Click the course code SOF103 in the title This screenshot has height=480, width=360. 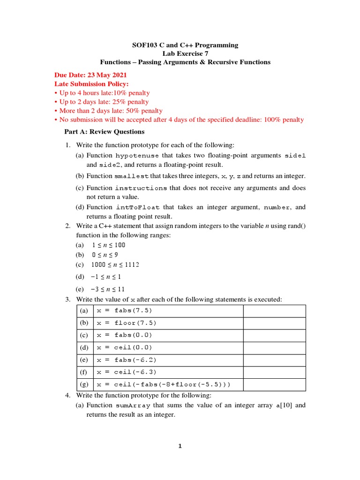(x=142, y=45)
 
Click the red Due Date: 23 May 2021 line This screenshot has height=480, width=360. (x=90, y=75)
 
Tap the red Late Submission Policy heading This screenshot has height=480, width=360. (x=91, y=84)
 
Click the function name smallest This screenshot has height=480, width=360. (x=131, y=176)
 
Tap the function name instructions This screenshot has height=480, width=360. (x=141, y=188)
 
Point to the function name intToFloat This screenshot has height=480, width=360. (x=138, y=207)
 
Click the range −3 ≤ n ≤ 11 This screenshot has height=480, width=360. (x=107, y=289)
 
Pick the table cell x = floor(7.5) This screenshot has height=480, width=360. (x=126, y=323)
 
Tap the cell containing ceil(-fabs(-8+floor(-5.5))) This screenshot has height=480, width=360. (x=163, y=384)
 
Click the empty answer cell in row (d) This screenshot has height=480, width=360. (x=274, y=348)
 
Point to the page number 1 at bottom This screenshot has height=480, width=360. (x=179, y=446)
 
